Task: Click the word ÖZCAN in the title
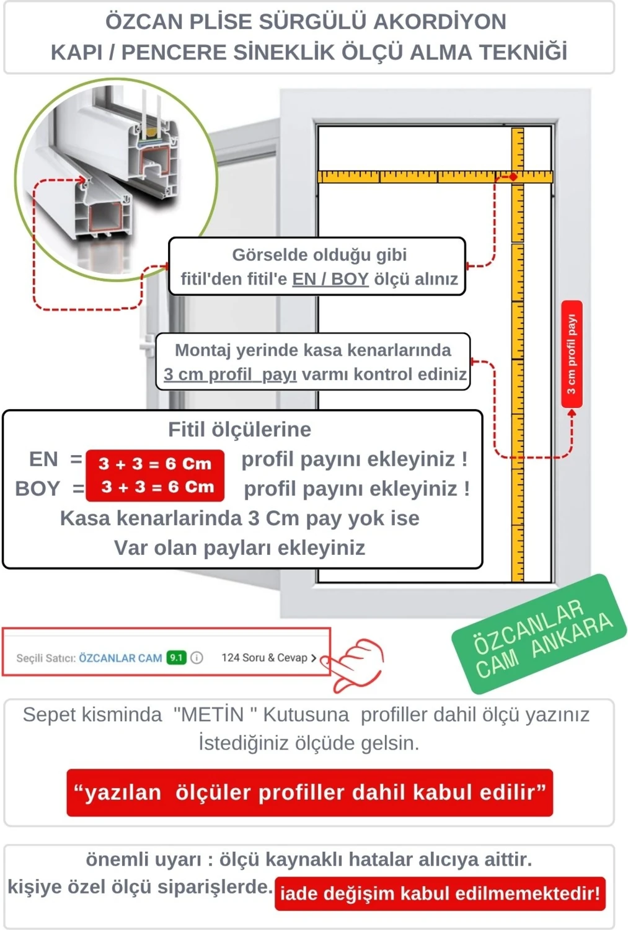click(143, 22)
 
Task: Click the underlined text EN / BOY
click(330, 279)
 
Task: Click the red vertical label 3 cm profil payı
click(572, 354)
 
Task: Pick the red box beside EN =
click(155, 463)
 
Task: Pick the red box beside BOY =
click(155, 487)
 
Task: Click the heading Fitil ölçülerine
click(239, 429)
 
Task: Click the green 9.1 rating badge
click(176, 657)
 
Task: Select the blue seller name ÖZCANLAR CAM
click(120, 658)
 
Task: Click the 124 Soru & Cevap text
click(265, 657)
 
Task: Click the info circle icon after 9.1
click(197, 657)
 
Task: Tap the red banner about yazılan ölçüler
click(309, 792)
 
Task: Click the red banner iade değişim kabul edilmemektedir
click(440, 893)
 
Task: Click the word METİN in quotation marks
click(210, 714)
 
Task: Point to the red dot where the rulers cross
click(513, 177)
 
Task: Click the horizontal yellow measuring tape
click(409, 177)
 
